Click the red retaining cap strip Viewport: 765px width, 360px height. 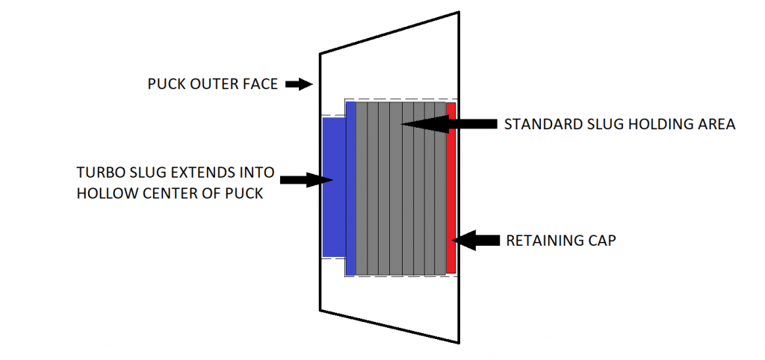point(451,187)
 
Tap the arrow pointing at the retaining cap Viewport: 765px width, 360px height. point(477,240)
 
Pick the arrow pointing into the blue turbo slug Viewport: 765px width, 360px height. point(306,179)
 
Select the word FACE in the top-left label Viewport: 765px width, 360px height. point(260,84)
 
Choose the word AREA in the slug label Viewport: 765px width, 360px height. point(716,125)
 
